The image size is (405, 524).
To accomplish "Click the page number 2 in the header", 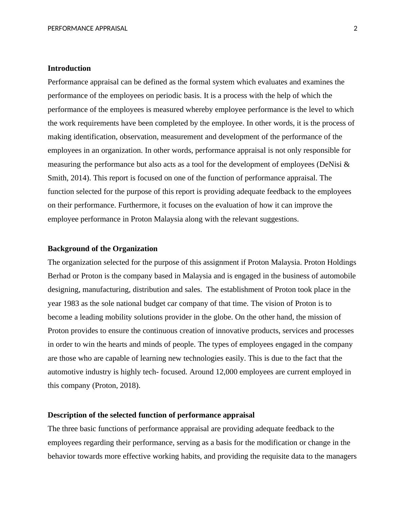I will click(355, 29).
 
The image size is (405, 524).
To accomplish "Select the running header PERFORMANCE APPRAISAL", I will click(87, 29).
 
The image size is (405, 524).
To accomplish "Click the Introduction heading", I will click(69, 68).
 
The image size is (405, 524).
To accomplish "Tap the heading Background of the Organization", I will click(102, 249).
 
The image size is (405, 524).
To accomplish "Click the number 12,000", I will click(226, 372).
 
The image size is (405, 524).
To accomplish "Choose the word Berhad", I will click(59, 276).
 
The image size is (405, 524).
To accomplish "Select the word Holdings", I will click(341, 262).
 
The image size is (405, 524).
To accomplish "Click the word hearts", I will click(117, 344).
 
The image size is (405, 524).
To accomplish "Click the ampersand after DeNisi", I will click(347, 164).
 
